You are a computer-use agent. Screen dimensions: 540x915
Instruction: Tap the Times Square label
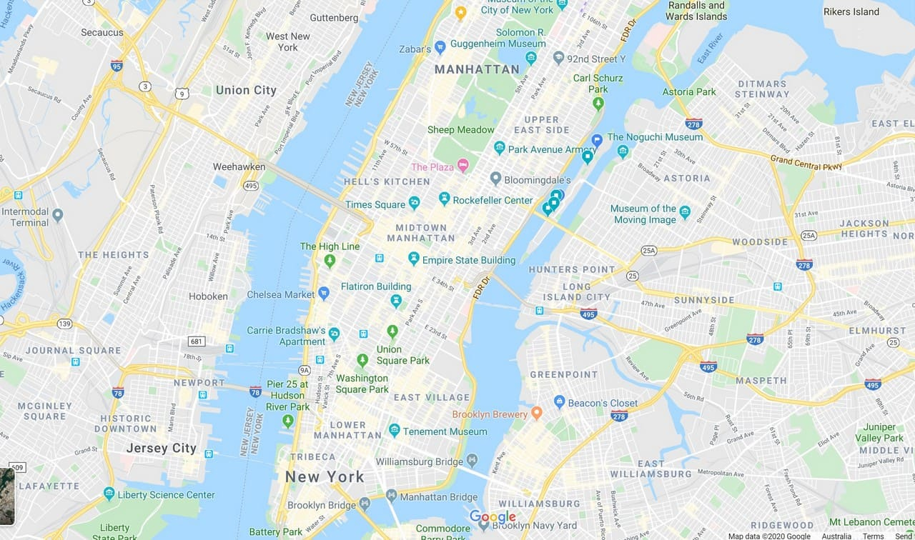tap(375, 205)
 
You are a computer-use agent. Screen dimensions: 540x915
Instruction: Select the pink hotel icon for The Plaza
tap(463, 166)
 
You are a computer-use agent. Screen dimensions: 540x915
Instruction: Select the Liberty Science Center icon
tap(109, 493)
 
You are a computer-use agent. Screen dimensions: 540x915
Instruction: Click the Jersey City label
tap(161, 449)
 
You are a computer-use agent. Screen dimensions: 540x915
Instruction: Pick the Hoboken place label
tap(208, 296)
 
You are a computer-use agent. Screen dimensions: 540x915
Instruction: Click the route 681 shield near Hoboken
tap(197, 341)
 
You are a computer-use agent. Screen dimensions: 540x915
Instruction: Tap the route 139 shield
tap(65, 324)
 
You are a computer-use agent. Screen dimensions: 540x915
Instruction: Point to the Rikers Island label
tap(851, 11)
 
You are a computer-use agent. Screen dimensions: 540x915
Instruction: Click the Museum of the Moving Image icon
tap(685, 211)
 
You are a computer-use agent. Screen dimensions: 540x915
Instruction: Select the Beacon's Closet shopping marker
tap(559, 402)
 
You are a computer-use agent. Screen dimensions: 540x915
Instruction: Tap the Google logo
tap(493, 517)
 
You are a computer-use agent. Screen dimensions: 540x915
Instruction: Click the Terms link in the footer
tap(873, 536)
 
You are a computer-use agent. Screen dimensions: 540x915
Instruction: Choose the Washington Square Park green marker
tap(362, 360)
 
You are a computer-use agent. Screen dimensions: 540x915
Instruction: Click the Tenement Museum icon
tap(394, 430)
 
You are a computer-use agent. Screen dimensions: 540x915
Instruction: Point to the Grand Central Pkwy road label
tap(806, 162)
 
